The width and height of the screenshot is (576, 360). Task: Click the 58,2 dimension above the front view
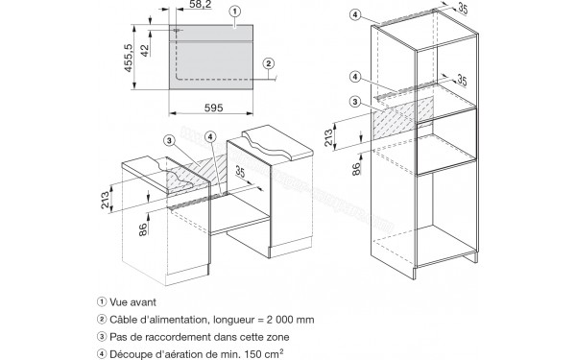click(201, 5)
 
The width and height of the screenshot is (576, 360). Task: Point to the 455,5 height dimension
click(128, 58)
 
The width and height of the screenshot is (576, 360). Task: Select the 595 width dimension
click(213, 108)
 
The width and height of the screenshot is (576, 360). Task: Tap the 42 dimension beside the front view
click(145, 50)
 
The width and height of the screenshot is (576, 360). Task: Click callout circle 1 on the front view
click(235, 12)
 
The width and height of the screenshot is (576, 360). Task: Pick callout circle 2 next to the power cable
click(269, 63)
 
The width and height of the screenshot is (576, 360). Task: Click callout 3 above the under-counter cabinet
click(169, 140)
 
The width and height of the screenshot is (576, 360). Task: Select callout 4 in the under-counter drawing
click(209, 137)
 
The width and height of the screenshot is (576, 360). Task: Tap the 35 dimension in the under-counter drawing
click(241, 172)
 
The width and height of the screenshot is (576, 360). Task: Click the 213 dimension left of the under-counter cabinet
click(106, 201)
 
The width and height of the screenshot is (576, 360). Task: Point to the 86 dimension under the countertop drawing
click(143, 229)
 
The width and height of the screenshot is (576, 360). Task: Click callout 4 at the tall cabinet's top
click(354, 14)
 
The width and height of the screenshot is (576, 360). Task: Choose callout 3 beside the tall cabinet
click(354, 102)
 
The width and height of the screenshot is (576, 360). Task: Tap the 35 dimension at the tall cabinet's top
click(463, 9)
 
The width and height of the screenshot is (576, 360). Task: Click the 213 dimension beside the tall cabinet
click(328, 137)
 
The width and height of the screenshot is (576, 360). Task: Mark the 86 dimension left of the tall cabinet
click(356, 169)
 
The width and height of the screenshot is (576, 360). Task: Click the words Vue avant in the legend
click(133, 302)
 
